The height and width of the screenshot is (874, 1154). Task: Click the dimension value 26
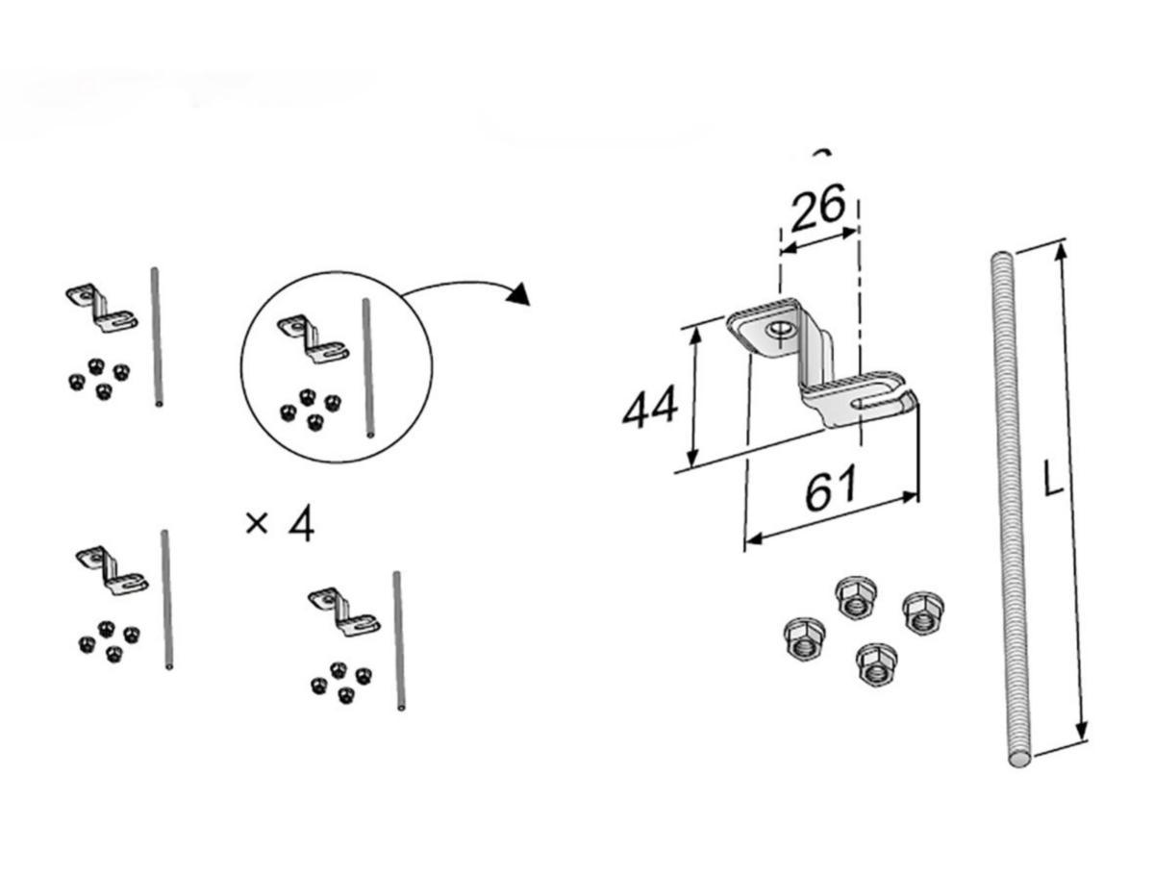(818, 207)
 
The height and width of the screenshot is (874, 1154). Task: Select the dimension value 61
(831, 487)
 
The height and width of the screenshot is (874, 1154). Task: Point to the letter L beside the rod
(1053, 477)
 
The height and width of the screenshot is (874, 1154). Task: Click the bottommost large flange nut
(875, 664)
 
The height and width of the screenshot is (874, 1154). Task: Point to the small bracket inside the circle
(314, 338)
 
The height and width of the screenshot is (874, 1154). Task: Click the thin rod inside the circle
(368, 367)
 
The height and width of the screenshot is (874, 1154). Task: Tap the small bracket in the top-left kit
(102, 308)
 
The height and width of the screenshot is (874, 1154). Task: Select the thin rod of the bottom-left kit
(166, 599)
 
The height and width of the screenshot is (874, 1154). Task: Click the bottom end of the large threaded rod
(1019, 761)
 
